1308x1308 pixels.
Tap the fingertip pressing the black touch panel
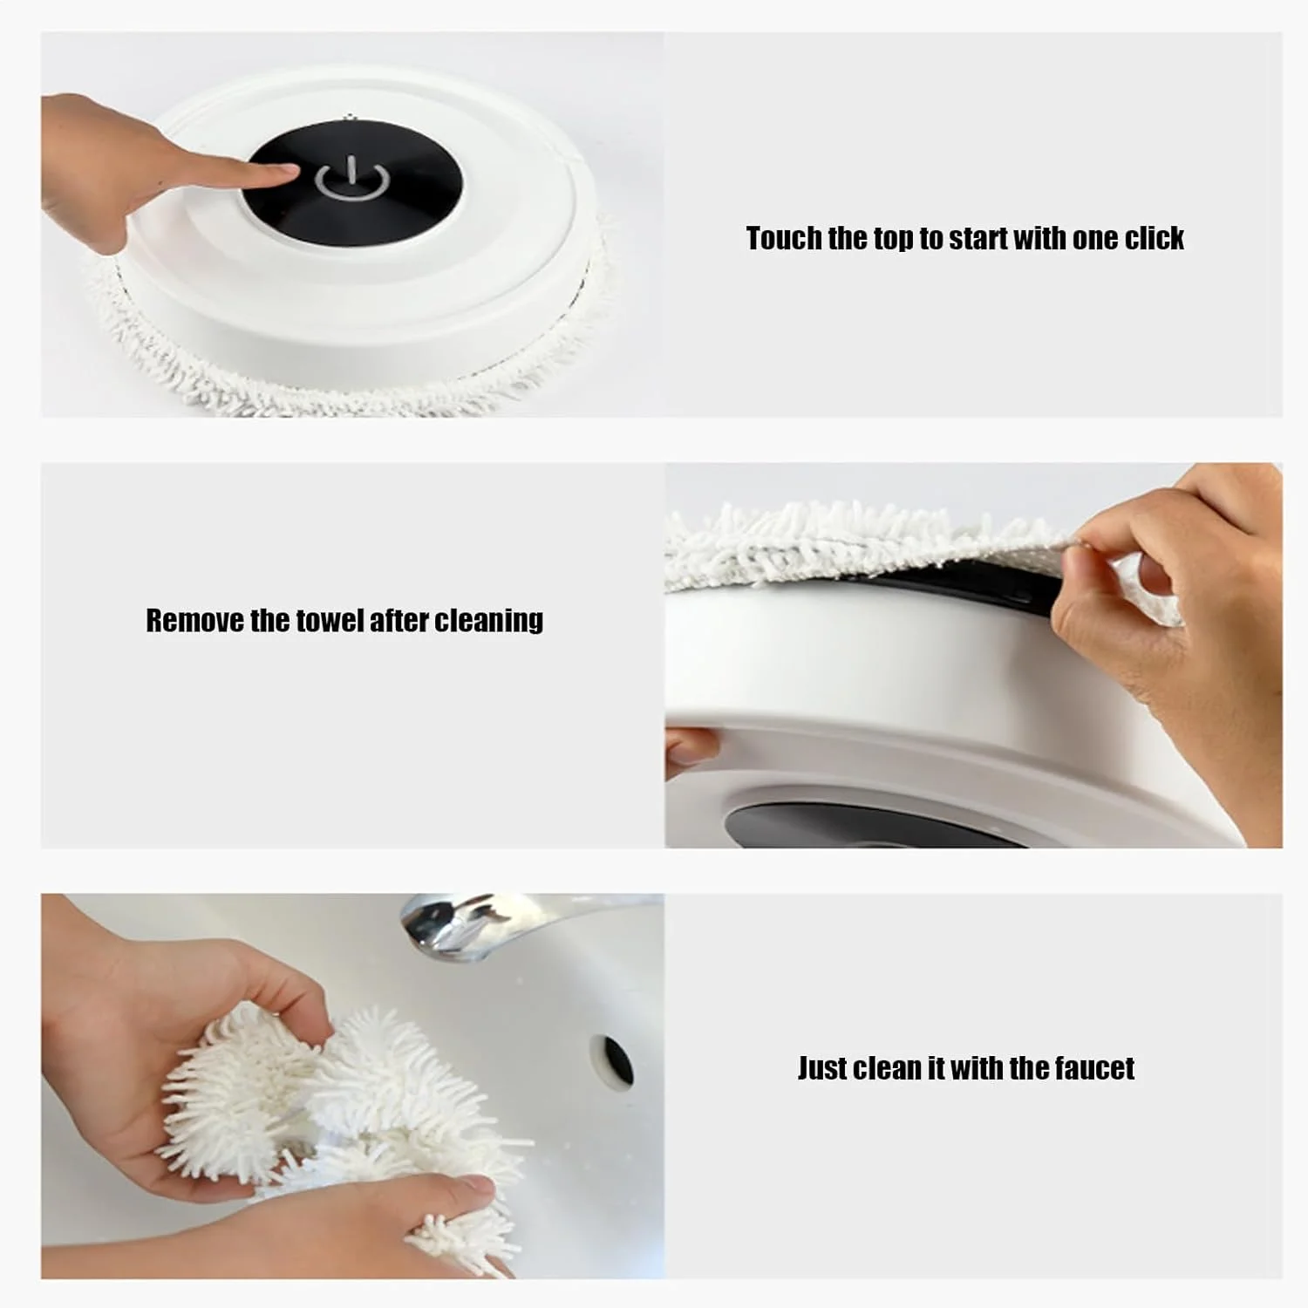pos(283,174)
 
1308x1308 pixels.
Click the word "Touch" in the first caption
pos(783,238)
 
